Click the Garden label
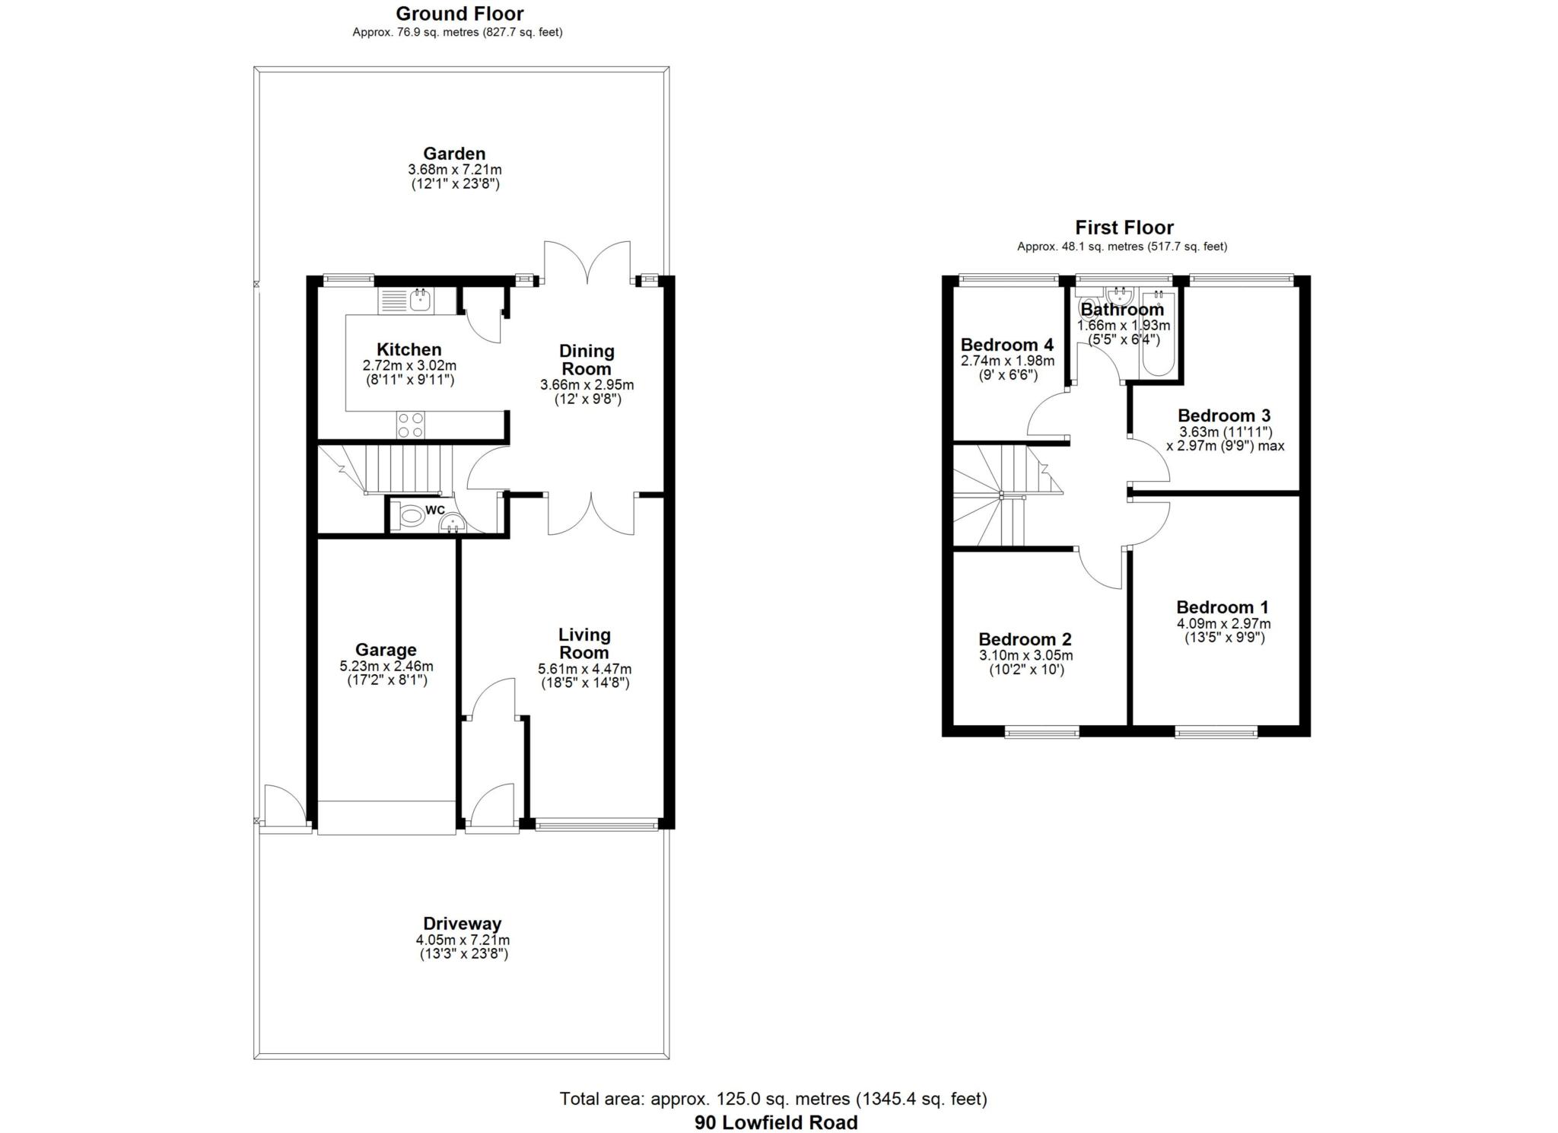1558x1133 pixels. [454, 154]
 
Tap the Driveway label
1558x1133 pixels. [463, 924]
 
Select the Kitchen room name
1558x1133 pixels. [409, 350]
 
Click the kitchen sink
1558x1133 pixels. [418, 301]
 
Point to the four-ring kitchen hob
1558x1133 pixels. [410, 425]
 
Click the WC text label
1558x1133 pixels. [435, 510]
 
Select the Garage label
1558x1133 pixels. [386, 650]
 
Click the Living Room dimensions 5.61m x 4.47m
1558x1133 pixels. [584, 670]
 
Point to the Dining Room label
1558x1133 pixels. [587, 360]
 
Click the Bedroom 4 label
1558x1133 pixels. [1007, 345]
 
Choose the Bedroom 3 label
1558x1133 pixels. [1224, 415]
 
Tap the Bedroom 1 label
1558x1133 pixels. [1223, 607]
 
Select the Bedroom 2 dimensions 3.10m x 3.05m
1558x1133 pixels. [1025, 656]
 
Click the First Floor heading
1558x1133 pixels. [1124, 228]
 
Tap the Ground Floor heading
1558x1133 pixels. [459, 14]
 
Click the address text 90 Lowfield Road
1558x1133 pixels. [775, 1122]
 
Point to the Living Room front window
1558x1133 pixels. [596, 823]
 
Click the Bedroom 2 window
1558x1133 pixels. [1041, 733]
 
